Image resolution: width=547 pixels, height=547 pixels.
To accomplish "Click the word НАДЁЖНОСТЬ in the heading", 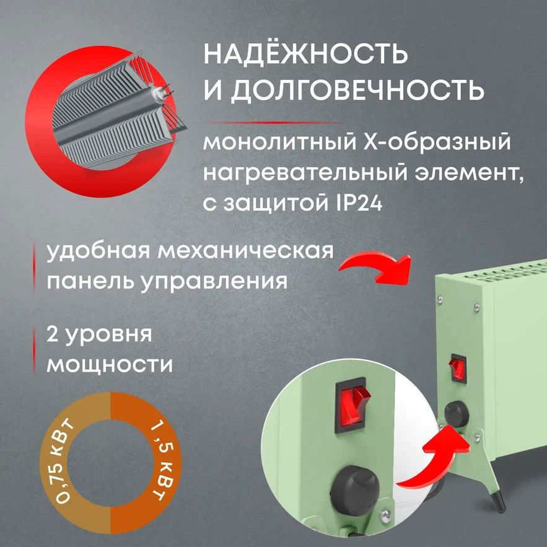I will pyautogui.click(x=306, y=55).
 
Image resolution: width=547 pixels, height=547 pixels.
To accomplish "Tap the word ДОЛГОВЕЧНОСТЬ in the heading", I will pyautogui.click(x=356, y=91).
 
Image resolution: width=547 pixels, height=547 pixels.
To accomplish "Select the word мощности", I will pyautogui.click(x=110, y=364).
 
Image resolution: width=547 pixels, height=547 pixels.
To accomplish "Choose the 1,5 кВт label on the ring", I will pyautogui.click(x=155, y=462).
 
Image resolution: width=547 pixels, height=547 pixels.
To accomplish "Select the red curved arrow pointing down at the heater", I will pyautogui.click(x=378, y=265).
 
